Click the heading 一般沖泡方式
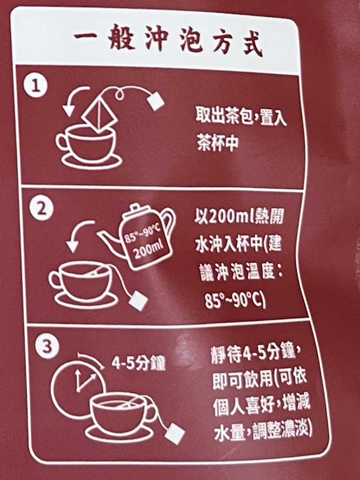pyautogui.click(x=168, y=41)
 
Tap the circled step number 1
pyautogui.click(x=36, y=86)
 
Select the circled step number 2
pyautogui.click(x=41, y=209)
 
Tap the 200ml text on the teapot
pyautogui.click(x=147, y=249)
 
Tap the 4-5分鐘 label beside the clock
pyautogui.click(x=138, y=363)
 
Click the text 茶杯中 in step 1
pyautogui.click(x=217, y=143)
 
